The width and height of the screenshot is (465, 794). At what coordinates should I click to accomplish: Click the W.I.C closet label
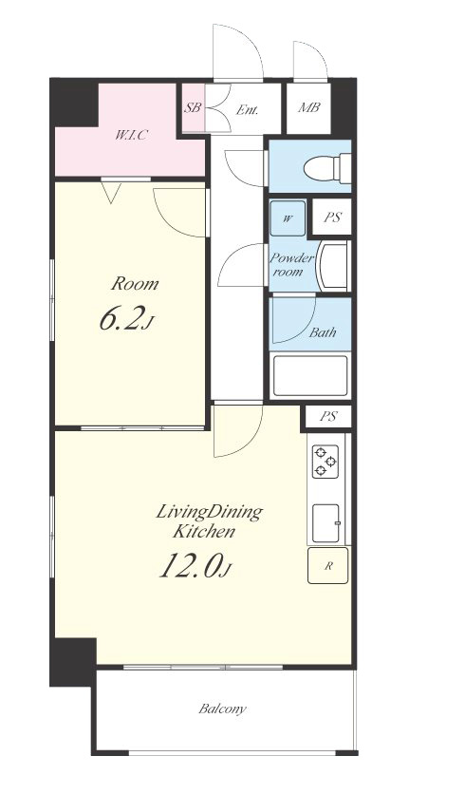coord(131,135)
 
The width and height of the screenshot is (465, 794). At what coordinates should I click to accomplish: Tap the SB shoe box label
coord(193,108)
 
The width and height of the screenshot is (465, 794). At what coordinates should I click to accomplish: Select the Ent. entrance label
coord(247,109)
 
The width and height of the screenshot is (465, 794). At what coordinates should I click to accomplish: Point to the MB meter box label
coord(308,107)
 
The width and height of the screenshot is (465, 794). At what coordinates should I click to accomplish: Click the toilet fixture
coord(326,167)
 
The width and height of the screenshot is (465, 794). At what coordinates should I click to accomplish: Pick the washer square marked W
coord(288,218)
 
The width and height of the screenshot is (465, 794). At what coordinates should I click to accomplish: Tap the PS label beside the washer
coord(332,217)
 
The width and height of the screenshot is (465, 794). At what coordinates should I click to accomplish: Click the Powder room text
coord(291,265)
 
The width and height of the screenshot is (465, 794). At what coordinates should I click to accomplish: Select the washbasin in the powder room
coord(332,265)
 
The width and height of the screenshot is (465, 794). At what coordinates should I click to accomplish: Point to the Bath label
coord(323,332)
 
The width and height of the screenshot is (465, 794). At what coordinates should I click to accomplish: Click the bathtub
coord(309,376)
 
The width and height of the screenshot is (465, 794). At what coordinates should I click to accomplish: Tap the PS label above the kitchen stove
coord(328,417)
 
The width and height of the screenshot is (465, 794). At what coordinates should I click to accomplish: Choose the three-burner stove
coord(325,462)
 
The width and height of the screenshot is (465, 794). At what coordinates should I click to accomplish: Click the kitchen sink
coord(325,522)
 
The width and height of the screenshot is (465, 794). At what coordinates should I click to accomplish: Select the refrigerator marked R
coord(328,566)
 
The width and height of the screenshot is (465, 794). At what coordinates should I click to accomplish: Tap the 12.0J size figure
coord(195,565)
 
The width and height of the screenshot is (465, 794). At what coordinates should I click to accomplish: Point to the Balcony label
coord(222,709)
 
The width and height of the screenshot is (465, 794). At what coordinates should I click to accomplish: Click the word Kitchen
coord(204,532)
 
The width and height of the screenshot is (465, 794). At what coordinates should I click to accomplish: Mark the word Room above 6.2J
coord(135,283)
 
